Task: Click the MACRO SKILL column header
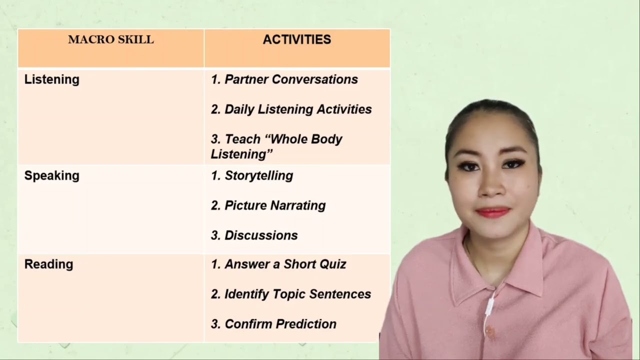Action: pyautogui.click(x=110, y=40)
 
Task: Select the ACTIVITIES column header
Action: pyautogui.click(x=297, y=40)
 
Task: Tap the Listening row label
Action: pyautogui.click(x=51, y=79)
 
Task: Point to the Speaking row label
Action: pyautogui.click(x=51, y=175)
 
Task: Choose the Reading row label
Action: pyautogui.click(x=48, y=264)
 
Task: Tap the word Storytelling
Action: pyautogui.click(x=258, y=175)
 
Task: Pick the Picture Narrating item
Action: pyautogui.click(x=275, y=205)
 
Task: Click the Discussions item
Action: pyautogui.click(x=261, y=235)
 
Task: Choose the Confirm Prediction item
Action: pyautogui.click(x=280, y=324)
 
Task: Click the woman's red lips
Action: pyautogui.click(x=493, y=212)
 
